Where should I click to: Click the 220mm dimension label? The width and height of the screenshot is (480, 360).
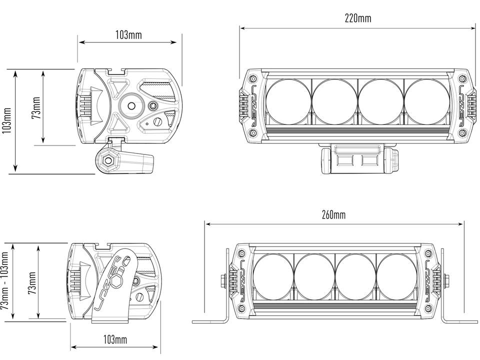point(358,18)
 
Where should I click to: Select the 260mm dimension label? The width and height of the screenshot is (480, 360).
point(333,214)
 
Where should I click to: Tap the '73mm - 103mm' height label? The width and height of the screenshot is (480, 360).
point(5,281)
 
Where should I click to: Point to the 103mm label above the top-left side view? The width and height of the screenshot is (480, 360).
point(128,35)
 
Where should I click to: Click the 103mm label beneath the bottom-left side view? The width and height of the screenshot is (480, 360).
point(115,339)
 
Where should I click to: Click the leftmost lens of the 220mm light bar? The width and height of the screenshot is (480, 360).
point(288,101)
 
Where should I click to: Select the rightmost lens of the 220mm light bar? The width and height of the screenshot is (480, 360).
point(427,101)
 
